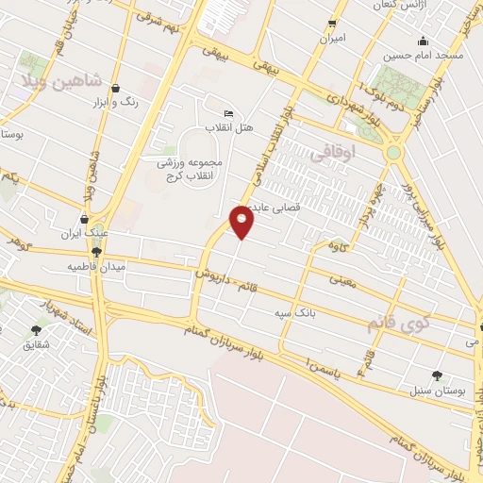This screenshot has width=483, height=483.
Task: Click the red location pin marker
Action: pos(242,221)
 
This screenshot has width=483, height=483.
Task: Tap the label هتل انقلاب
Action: pos(228,126)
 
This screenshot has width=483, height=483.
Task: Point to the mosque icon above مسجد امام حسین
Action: pos(423,41)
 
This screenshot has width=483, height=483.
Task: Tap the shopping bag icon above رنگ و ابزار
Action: pos(115,89)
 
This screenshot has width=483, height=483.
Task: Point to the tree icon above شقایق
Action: pos(36,330)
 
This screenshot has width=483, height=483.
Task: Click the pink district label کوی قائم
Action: pos(401,324)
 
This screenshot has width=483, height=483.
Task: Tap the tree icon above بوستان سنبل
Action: pos(435,375)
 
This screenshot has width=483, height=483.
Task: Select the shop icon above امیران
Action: pos(332,24)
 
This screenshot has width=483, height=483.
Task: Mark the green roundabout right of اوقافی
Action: pos(393,152)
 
